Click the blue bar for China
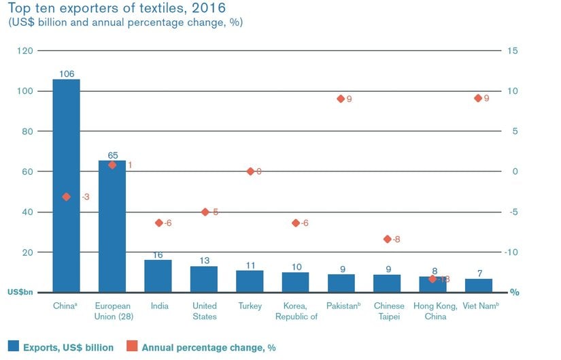pyautogui.click(x=66, y=185)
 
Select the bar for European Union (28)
pyautogui.click(x=112, y=226)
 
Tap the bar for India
pyautogui.click(x=158, y=276)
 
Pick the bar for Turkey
pyautogui.click(x=250, y=281)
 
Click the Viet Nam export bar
pyautogui.click(x=478, y=285)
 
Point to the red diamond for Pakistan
pyautogui.click(x=341, y=99)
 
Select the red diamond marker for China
pyautogui.click(x=66, y=197)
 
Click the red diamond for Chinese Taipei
pyautogui.click(x=387, y=239)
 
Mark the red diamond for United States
pyautogui.click(x=205, y=212)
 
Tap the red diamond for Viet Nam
pyautogui.click(x=478, y=98)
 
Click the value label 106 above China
pyautogui.click(x=66, y=73)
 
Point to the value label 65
pyautogui.click(x=112, y=155)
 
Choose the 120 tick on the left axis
pyautogui.click(x=25, y=51)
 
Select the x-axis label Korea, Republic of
pyautogui.click(x=295, y=311)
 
